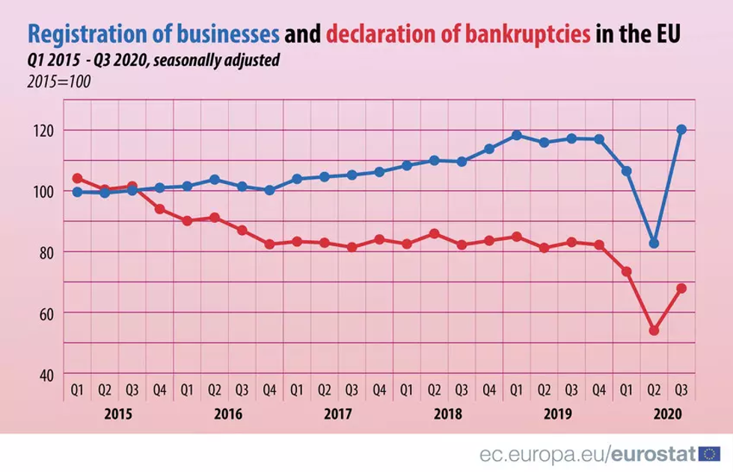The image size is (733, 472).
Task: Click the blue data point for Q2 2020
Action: [654, 243]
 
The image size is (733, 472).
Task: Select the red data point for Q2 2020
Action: [654, 330]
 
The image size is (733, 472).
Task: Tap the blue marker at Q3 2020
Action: [681, 129]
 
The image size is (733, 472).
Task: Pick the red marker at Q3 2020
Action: [681, 288]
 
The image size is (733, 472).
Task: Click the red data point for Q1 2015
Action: [77, 178]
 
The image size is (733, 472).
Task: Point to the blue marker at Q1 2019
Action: [516, 135]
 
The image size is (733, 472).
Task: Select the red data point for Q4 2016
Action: [269, 244]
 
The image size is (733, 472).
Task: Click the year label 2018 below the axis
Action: [447, 414]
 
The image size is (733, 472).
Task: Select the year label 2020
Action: [667, 414]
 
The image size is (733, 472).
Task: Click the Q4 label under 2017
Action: [379, 390]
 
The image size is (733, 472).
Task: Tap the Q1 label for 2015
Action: [77, 390]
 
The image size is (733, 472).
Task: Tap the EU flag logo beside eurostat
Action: [711, 453]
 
